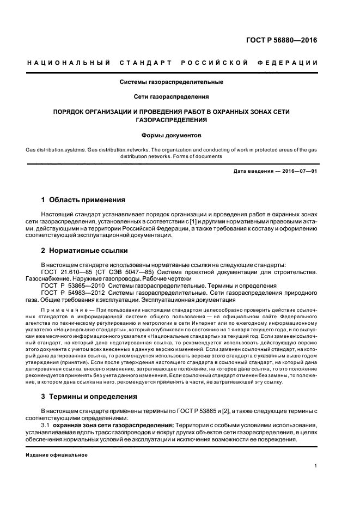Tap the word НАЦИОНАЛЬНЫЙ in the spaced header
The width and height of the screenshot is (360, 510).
coord(69,63)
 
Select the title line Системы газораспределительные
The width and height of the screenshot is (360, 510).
coord(172,82)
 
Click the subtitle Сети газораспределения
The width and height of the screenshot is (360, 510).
coord(172,97)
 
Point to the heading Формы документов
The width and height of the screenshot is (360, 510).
coord(172,134)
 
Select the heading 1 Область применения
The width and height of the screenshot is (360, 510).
coord(83,200)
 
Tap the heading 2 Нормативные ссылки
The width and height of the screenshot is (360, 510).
coord(84,251)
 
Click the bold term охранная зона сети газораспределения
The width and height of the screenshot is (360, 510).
coord(113,424)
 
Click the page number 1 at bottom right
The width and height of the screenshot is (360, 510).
coord(316,465)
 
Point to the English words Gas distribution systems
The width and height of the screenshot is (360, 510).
coord(57,149)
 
